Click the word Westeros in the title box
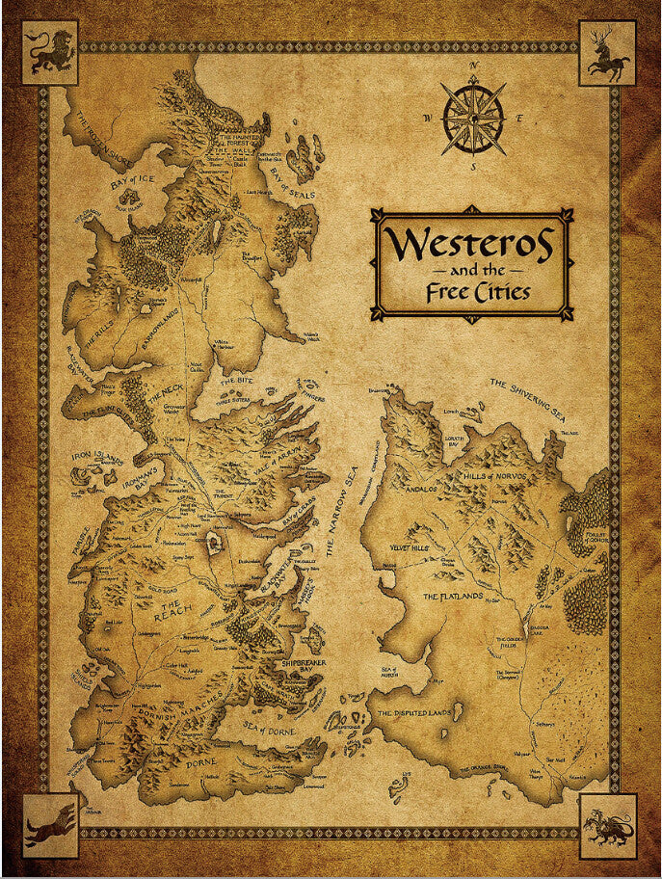pyautogui.click(x=471, y=246)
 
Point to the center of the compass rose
pyautogui.click(x=473, y=118)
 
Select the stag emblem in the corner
pyautogui.click(x=608, y=53)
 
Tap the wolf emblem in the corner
pyautogui.click(x=50, y=825)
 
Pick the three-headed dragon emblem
pyautogui.click(x=608, y=825)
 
